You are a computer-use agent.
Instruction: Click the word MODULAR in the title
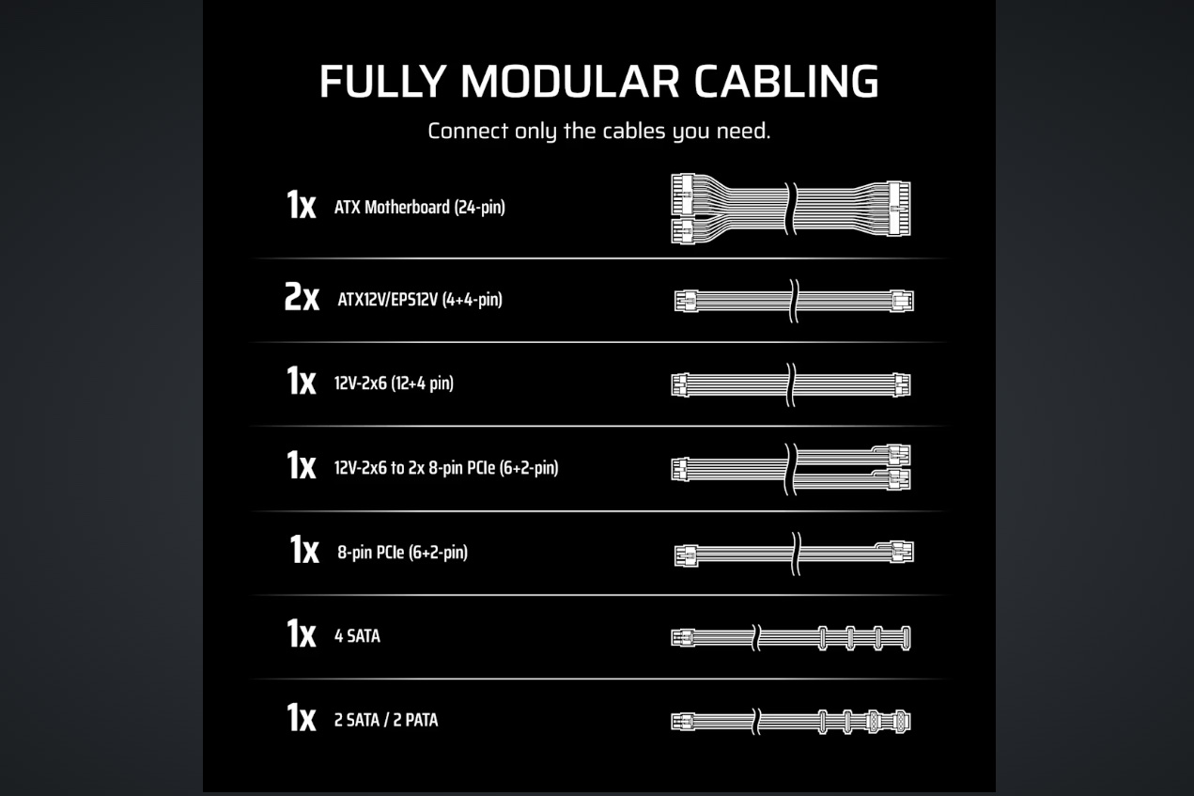[569, 82]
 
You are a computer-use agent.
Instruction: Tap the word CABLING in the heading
[786, 82]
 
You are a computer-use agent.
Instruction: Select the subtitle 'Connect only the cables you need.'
[599, 132]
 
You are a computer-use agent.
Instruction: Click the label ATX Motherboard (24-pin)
[420, 207]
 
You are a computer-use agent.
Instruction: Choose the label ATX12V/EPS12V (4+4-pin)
[420, 300]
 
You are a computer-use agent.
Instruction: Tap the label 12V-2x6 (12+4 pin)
[394, 383]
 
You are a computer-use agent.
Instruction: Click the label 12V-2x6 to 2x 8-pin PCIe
[446, 468]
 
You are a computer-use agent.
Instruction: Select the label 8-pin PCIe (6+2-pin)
[402, 553]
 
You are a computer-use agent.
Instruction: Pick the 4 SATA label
[357, 636]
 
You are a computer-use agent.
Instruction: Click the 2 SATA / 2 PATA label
[386, 720]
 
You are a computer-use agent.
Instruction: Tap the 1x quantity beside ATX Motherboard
[302, 205]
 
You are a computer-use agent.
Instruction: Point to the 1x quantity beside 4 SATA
[302, 633]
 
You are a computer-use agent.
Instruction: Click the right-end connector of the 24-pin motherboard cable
[899, 208]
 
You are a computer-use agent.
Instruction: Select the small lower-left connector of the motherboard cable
[683, 232]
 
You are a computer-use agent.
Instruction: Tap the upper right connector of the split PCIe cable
[899, 455]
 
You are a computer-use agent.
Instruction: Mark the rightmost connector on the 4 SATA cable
[905, 638]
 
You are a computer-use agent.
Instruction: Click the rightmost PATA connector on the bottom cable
[900, 722]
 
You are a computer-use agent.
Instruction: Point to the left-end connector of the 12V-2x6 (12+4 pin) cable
[679, 384]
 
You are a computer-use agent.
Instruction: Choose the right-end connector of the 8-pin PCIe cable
[902, 553]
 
